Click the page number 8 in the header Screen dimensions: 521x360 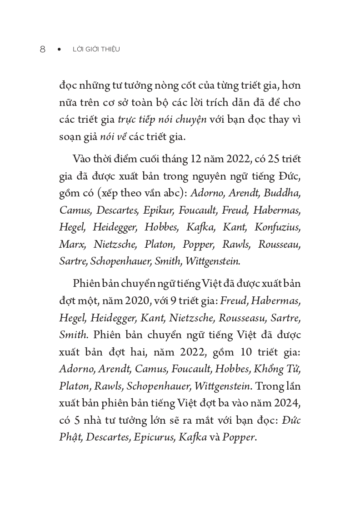pyautogui.click(x=43, y=49)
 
